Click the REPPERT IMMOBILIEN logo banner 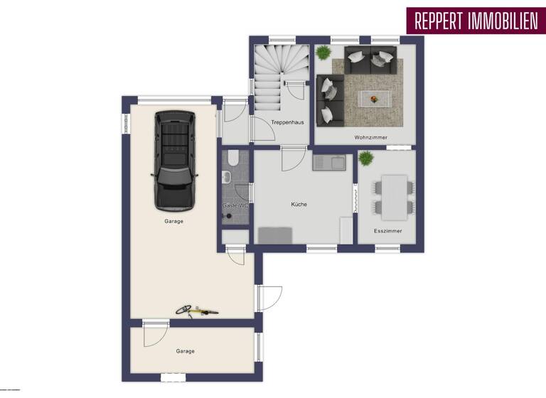point(472,21)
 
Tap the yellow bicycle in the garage point(197,310)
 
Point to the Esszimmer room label point(388,231)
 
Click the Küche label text point(299,204)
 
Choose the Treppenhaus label point(287,122)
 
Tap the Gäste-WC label point(235,205)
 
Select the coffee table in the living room point(374,97)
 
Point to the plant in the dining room point(365,158)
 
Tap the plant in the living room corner point(323,53)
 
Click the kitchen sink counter point(328,163)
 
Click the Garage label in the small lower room point(185,350)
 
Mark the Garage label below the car point(173,221)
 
